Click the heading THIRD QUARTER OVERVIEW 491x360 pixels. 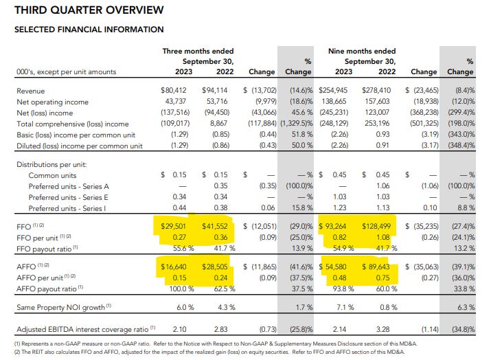89,10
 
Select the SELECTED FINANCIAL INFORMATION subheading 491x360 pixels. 89,30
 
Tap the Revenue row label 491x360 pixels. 31,90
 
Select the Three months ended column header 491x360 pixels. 198,51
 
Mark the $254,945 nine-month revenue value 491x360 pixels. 339,90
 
